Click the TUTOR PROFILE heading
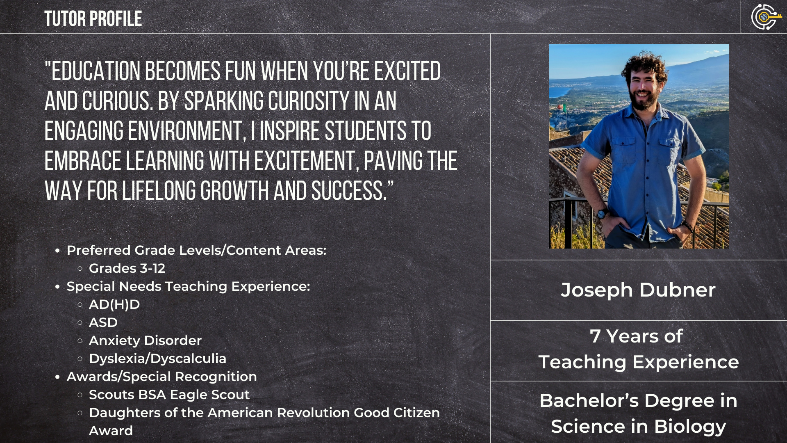click(93, 19)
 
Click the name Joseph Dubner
click(638, 290)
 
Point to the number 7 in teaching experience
click(595, 336)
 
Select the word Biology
click(690, 427)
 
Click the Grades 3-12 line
click(127, 268)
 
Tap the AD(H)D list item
click(114, 304)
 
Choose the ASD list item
click(103, 322)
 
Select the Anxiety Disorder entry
click(145, 340)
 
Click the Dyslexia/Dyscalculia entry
click(157, 359)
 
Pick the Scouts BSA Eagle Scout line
click(169, 395)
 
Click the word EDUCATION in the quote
click(96, 71)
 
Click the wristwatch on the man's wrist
click(602, 214)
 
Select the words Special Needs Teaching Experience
click(188, 286)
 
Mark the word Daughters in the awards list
click(125, 413)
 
